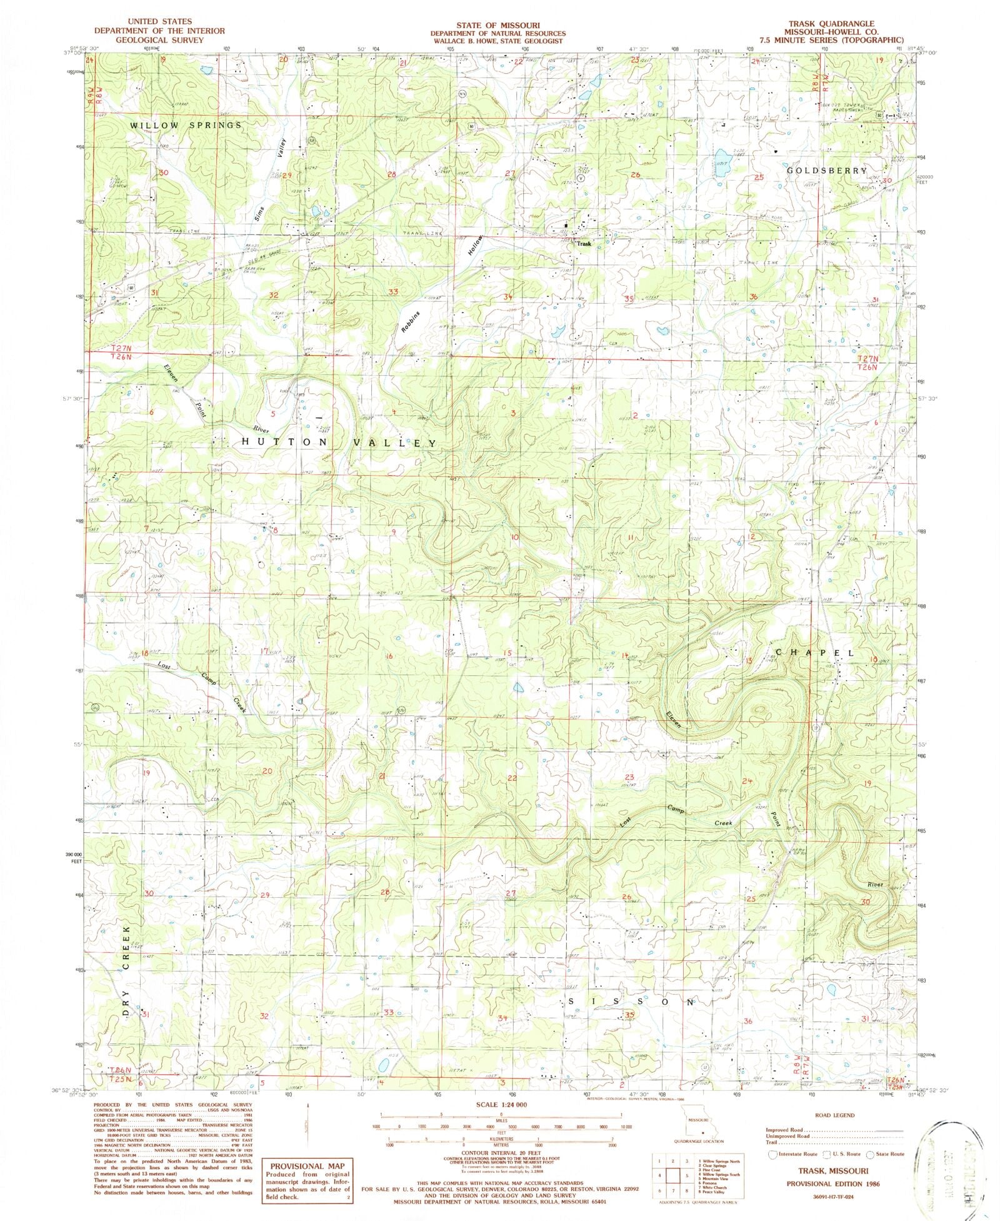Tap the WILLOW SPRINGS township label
tap(186, 126)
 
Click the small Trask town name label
tap(584, 244)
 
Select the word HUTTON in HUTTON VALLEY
tap(284, 442)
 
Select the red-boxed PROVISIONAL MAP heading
tap(306, 1166)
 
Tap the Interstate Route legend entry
tap(794, 1154)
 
